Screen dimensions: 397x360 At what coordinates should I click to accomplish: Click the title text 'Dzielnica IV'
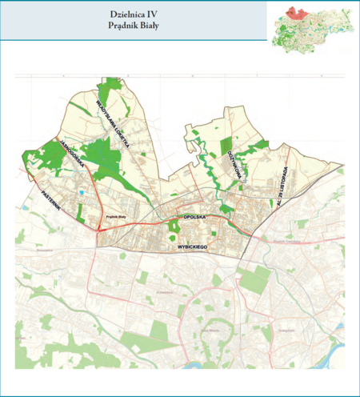[134, 14]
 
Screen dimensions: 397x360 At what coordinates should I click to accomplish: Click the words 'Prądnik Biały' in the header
[134, 26]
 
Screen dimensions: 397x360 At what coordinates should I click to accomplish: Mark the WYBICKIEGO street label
[192, 248]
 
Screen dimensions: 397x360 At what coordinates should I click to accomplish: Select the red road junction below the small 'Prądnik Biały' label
[98, 231]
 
